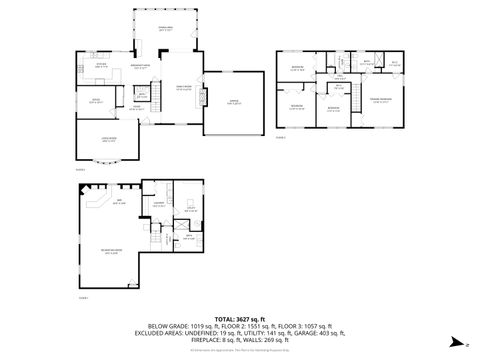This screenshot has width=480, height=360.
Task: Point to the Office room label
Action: coord(97,100)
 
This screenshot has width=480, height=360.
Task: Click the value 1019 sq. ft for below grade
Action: coord(204,326)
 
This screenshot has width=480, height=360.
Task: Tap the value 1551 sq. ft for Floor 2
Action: coord(264,326)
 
